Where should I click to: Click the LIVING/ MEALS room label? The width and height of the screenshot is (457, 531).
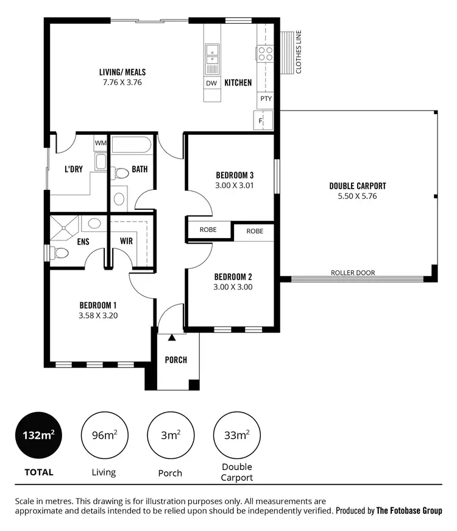click(x=122, y=72)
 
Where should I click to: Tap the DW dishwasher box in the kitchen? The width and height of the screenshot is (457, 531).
click(x=211, y=83)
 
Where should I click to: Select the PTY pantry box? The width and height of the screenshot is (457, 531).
click(x=266, y=98)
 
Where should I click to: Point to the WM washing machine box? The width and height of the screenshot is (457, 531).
click(x=100, y=143)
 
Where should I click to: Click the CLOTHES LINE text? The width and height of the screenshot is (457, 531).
click(x=299, y=52)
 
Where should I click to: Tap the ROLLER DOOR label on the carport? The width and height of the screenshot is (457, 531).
click(x=353, y=273)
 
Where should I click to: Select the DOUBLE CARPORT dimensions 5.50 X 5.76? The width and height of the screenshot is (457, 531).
click(x=358, y=197)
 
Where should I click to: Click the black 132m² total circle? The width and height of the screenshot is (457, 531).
click(x=39, y=436)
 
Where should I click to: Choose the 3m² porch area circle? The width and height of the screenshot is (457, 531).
click(x=170, y=436)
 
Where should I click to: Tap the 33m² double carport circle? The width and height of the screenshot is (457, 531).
click(x=236, y=436)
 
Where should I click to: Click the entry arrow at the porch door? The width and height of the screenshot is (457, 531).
click(x=172, y=337)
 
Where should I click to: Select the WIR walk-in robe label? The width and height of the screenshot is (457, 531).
click(x=126, y=241)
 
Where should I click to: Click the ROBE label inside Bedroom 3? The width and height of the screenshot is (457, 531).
click(x=208, y=231)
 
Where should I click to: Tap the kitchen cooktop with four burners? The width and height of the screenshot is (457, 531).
click(x=266, y=53)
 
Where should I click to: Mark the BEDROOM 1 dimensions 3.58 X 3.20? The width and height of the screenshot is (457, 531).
click(x=98, y=316)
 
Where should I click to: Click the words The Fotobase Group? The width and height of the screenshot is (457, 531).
click(x=409, y=510)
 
